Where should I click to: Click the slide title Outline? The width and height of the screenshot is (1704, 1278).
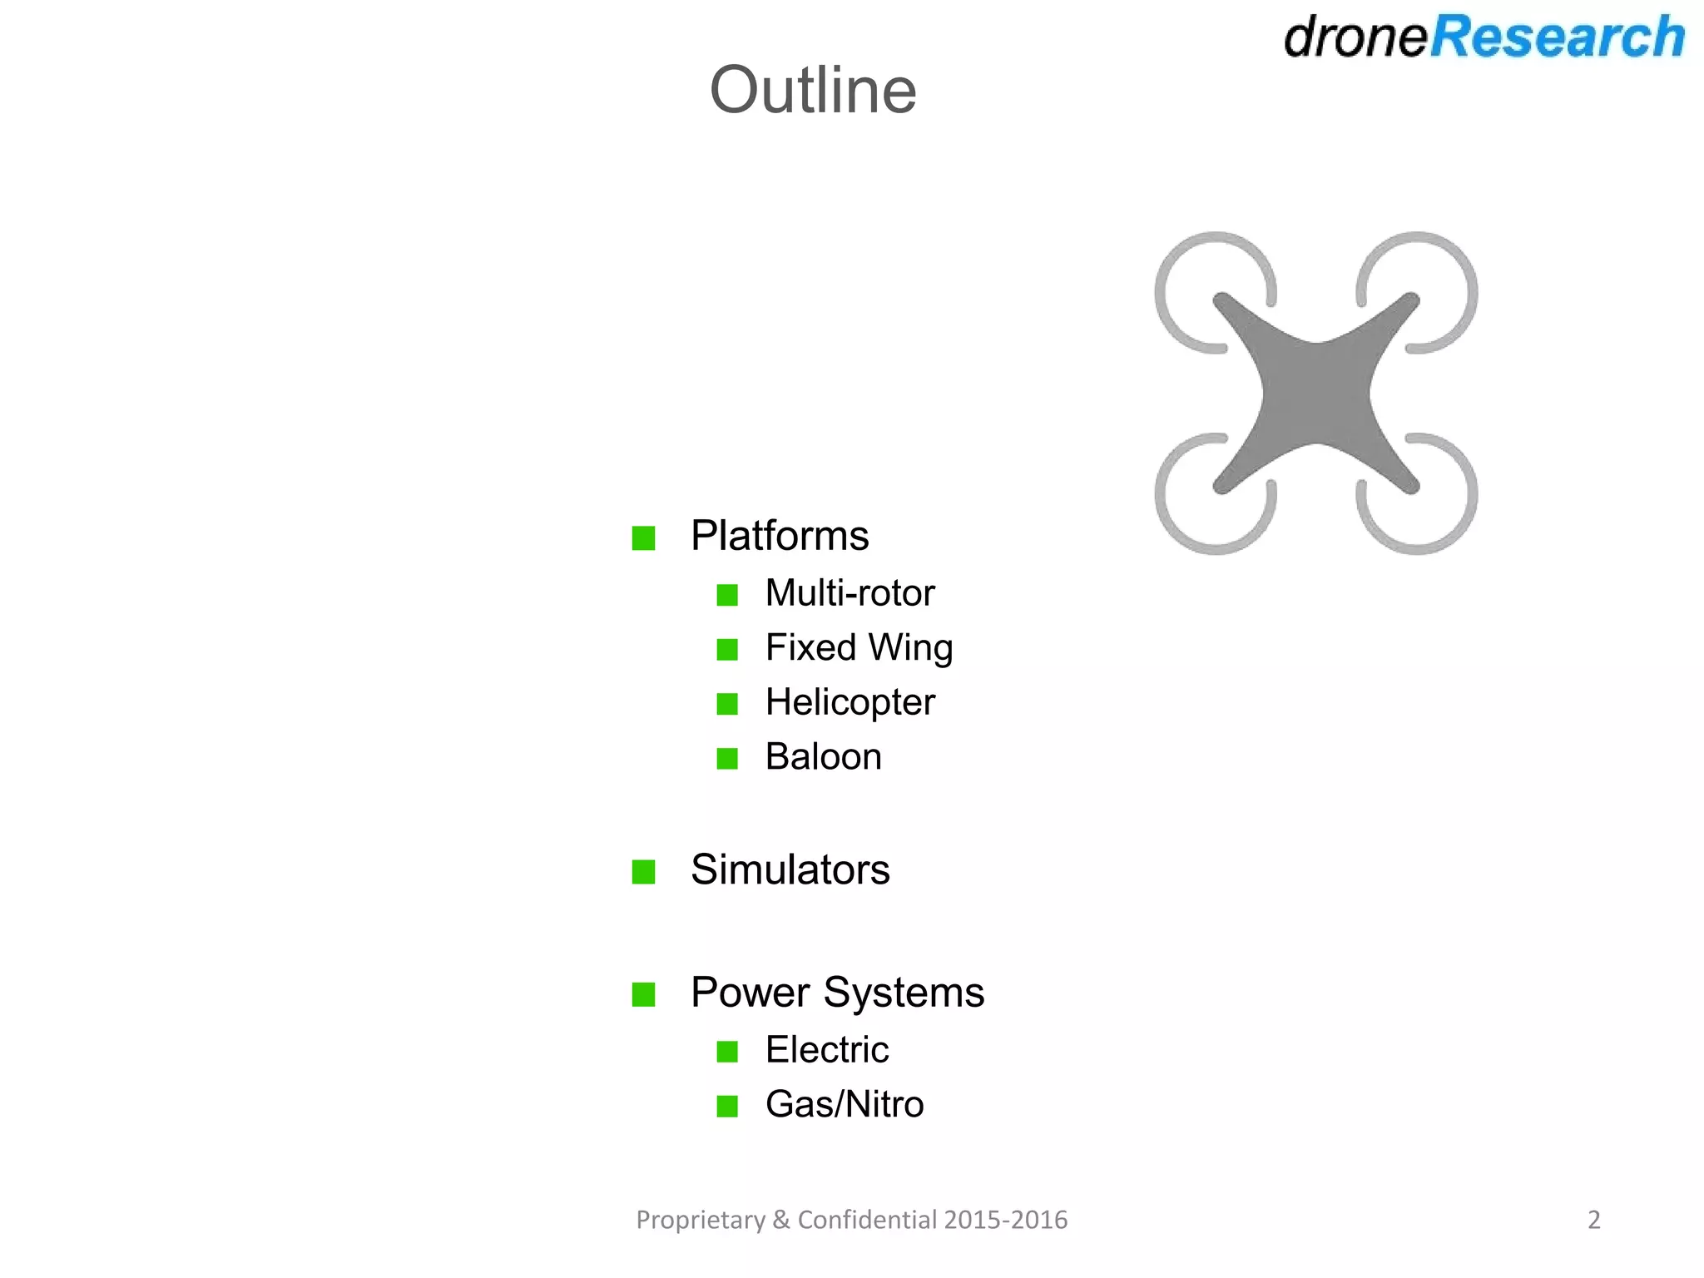pos(813,90)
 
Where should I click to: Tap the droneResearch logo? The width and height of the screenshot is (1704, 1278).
pos(1484,37)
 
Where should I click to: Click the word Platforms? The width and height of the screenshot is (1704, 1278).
pos(780,536)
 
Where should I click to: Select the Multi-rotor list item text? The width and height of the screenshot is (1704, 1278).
pos(850,593)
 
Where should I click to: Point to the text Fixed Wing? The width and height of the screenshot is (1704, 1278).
pos(859,648)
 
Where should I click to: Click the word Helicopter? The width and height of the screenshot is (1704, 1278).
pos(850,702)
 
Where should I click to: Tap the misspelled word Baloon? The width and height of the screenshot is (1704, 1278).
pos(823,757)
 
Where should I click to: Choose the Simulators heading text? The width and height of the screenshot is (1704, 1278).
pos(790,870)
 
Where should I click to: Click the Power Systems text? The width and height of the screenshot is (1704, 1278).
pos(837,993)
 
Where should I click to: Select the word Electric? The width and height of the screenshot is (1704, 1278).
pos(827,1050)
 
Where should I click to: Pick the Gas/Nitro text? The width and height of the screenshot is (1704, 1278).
pos(845,1105)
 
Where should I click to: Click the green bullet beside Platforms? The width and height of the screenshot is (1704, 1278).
pos(643,538)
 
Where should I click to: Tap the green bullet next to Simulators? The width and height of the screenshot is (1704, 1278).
pos(643,872)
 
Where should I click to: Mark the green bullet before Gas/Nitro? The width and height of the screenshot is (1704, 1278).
pos(727,1107)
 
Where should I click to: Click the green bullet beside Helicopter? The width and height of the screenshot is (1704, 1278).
pos(727,705)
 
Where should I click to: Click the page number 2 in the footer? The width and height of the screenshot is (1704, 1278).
pos(1593,1220)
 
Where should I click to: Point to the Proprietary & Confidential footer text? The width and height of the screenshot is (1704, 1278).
pos(851,1220)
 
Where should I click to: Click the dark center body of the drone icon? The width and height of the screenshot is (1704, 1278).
pos(1315,393)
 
